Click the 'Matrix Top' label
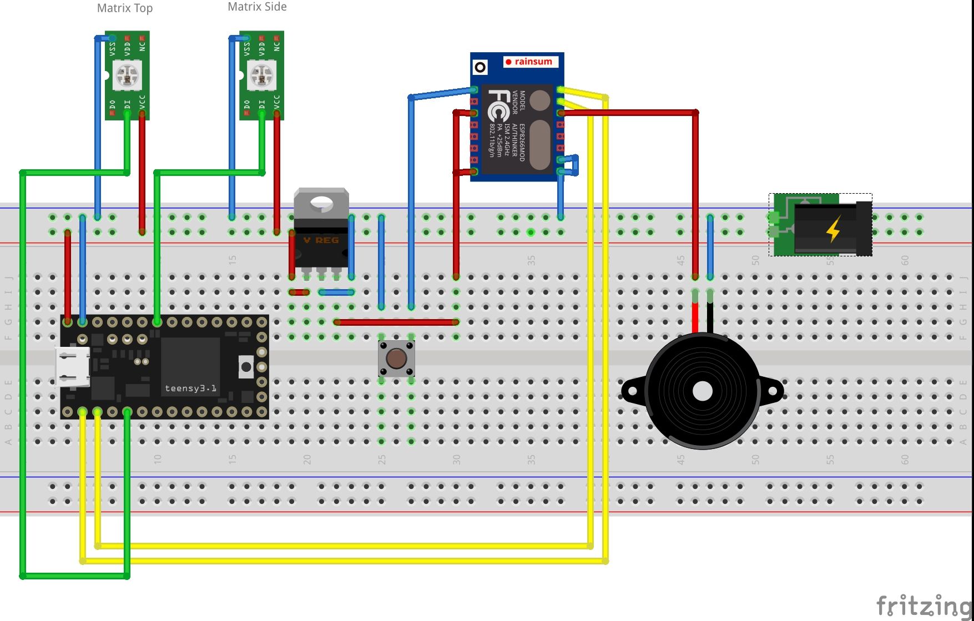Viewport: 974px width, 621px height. [124, 8]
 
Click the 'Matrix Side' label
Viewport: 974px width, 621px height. [257, 7]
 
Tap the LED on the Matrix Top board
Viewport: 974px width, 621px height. [128, 75]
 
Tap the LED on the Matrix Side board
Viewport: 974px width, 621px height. [262, 75]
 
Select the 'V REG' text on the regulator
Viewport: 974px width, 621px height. [321, 240]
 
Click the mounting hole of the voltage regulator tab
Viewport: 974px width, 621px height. [321, 203]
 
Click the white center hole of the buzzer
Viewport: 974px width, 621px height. [703, 391]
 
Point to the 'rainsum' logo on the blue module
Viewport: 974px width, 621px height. [531, 62]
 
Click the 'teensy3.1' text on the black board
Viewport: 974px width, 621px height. [190, 388]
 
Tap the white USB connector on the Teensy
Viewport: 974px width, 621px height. [73, 367]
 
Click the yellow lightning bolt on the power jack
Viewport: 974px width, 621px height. [833, 229]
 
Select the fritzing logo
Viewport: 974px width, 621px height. [922, 605]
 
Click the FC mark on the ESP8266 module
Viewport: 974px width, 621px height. [497, 105]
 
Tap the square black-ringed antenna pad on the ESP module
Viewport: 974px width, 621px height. [480, 68]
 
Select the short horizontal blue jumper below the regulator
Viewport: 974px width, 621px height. [336, 292]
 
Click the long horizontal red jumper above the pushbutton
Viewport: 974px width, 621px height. [396, 322]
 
